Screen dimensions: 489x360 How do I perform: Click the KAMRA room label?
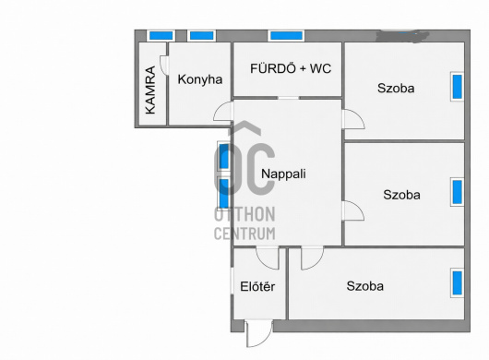click(x=150, y=90)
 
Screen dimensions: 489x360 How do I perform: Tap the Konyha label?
click(x=200, y=79)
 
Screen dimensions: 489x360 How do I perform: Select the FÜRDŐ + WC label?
click(x=291, y=68)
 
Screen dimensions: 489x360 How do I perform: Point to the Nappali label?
click(x=283, y=174)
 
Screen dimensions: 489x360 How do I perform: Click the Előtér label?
click(x=257, y=286)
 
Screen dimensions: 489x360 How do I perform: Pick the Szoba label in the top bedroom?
click(x=396, y=89)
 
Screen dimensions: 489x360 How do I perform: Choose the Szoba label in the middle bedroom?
click(x=401, y=195)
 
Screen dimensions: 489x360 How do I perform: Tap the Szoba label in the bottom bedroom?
click(x=365, y=286)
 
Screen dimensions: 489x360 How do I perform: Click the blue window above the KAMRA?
click(x=161, y=36)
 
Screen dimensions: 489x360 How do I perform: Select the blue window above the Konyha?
click(x=202, y=36)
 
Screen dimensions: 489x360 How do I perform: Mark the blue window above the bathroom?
click(x=287, y=36)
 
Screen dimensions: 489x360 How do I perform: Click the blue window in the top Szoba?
click(x=458, y=87)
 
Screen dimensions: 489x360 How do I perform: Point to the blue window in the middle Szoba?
click(x=458, y=192)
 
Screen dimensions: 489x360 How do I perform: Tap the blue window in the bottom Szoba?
click(x=458, y=283)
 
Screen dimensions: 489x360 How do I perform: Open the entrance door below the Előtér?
click(x=258, y=333)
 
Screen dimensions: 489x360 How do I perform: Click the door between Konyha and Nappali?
click(x=223, y=112)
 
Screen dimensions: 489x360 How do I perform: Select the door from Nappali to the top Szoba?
click(x=353, y=119)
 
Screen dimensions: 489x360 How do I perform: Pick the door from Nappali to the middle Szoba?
click(x=353, y=210)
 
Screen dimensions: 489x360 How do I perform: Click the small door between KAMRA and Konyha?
click(x=164, y=66)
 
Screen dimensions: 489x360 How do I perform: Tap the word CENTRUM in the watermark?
click(x=244, y=234)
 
